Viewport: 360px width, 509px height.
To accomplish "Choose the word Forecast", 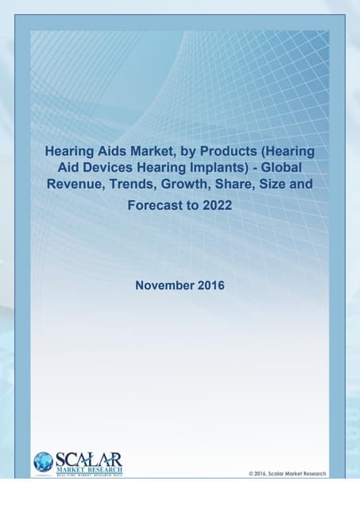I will (156, 204).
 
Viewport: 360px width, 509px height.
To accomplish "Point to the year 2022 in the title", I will (217, 204).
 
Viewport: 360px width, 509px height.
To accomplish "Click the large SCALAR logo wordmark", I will (88, 458).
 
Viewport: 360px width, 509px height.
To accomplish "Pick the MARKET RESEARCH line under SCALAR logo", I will (88, 468).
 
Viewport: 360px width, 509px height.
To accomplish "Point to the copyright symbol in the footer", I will (251, 473).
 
